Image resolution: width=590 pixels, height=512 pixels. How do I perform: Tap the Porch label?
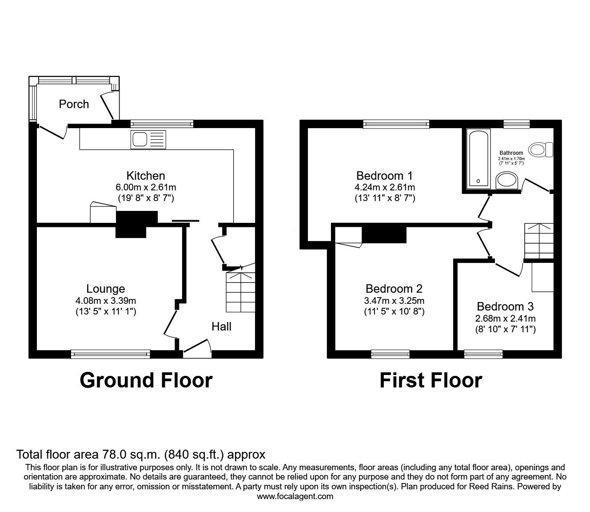pyautogui.click(x=74, y=104)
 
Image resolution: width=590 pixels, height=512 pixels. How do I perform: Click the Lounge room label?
pyautogui.click(x=106, y=289)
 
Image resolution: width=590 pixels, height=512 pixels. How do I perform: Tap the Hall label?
pyautogui.click(x=221, y=327)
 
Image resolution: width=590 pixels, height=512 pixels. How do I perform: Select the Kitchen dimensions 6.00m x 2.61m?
pyautogui.click(x=146, y=187)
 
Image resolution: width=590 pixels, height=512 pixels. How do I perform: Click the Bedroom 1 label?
pyautogui.click(x=385, y=175)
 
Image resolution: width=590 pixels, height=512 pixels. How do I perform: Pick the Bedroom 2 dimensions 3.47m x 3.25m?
pyautogui.click(x=394, y=301)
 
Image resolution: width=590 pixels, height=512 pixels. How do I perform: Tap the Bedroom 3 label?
pyautogui.click(x=505, y=306)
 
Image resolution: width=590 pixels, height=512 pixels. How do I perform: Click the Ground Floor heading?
pyautogui.click(x=146, y=380)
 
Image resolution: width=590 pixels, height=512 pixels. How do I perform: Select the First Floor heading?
pyautogui.click(x=431, y=380)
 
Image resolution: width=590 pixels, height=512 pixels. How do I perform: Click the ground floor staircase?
pyautogui.click(x=241, y=292)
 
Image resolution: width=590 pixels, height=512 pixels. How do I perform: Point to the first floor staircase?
pyautogui.click(x=539, y=240)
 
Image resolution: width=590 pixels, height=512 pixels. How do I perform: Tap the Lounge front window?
pyautogui.click(x=110, y=354)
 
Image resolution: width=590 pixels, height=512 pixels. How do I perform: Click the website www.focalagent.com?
pyautogui.click(x=295, y=496)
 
